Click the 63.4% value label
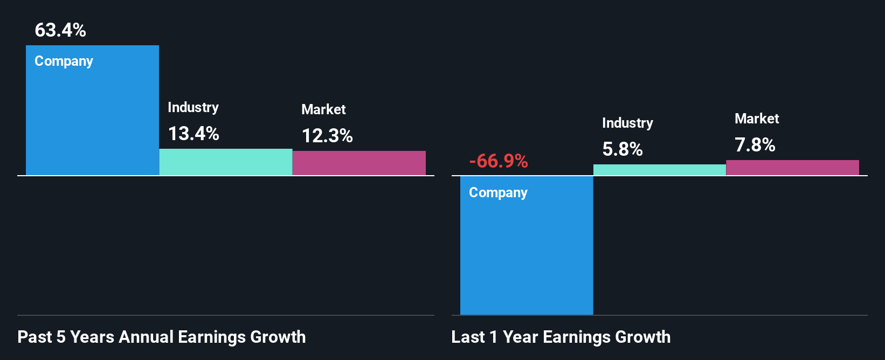60,30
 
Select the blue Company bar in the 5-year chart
92,119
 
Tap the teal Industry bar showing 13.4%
226,162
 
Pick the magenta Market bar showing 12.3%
359,163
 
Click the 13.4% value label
193,134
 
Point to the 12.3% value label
327,136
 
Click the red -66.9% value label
499,161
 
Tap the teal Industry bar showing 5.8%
660,170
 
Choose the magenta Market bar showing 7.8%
792,168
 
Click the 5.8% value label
623,149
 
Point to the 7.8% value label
755,145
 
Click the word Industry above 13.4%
193,107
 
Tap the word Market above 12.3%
323,109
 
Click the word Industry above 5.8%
627,123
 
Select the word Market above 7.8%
757,119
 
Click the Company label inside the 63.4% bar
64,61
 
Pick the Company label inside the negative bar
498,193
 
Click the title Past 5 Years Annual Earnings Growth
162,337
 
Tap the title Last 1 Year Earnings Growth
561,337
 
